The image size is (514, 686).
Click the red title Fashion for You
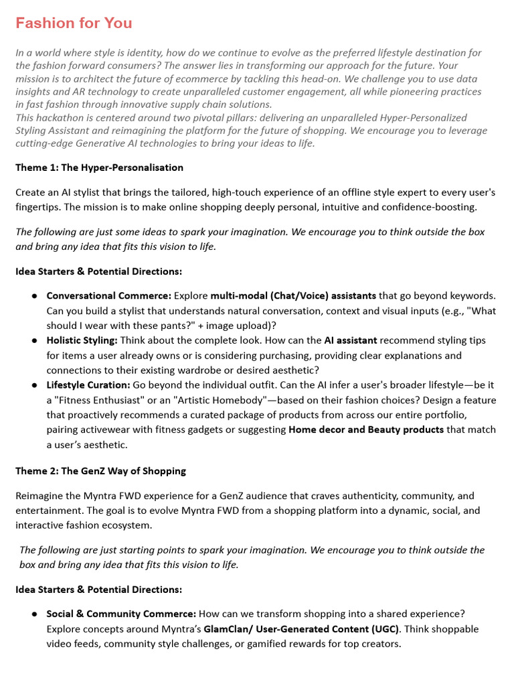74,23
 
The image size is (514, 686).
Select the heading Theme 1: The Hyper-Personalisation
99,167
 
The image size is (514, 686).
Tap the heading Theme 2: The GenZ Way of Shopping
100,471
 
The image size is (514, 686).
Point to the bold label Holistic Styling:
82,340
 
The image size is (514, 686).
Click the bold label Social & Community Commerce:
121,614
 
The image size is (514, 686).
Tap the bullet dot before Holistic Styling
33,341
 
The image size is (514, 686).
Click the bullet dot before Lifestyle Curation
33,386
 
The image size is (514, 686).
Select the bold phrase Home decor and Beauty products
366,430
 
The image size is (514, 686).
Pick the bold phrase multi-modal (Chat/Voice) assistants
293,295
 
